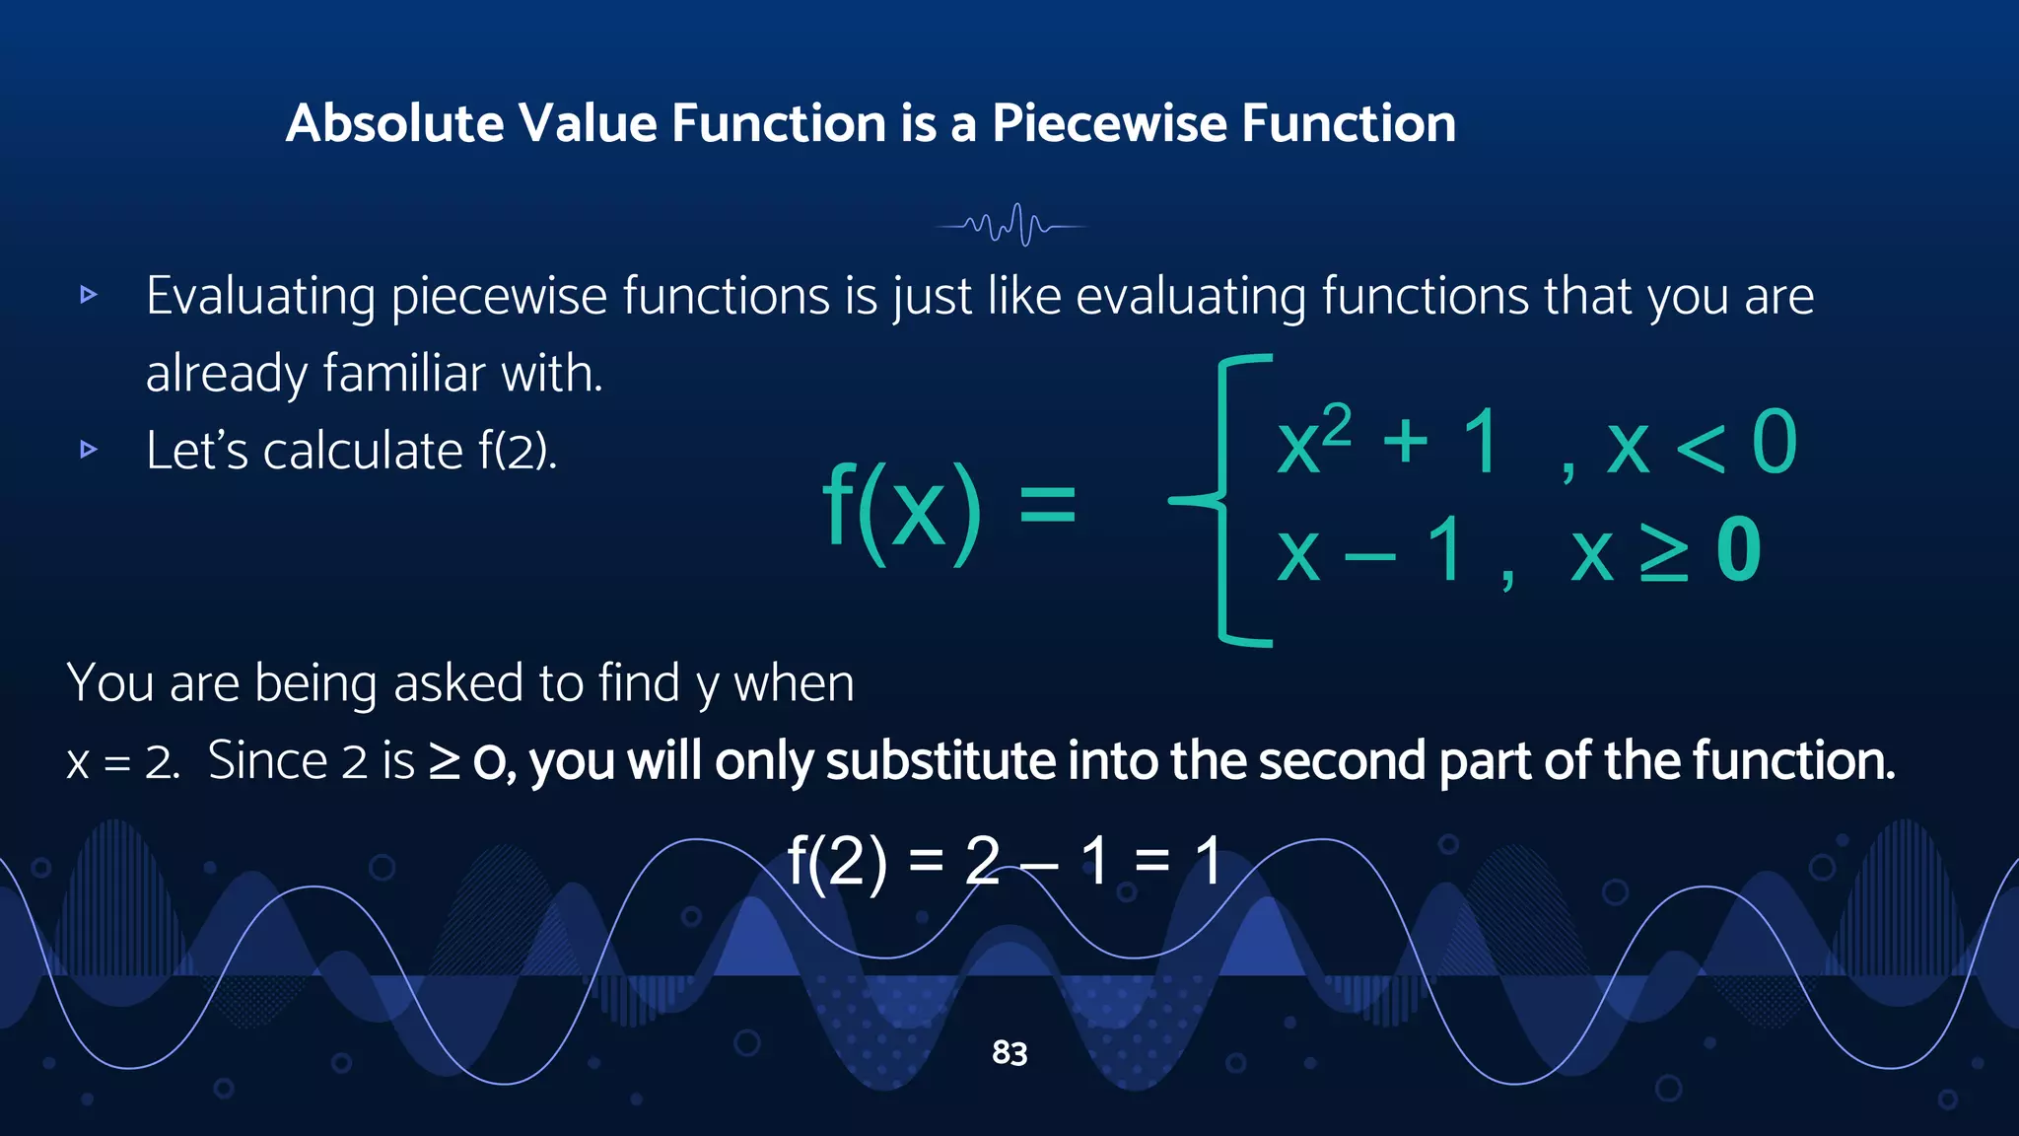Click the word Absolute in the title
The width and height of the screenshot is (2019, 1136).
click(x=395, y=124)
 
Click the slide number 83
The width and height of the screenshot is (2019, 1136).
click(x=1009, y=1053)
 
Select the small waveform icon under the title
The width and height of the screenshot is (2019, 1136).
click(x=1011, y=225)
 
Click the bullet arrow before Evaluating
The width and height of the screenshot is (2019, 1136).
click(x=89, y=295)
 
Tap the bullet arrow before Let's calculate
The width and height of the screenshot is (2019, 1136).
click(x=89, y=451)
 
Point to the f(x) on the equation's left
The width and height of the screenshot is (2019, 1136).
click(x=901, y=509)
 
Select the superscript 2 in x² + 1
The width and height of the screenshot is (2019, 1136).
click(x=1337, y=426)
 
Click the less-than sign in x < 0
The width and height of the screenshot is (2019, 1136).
click(x=1700, y=447)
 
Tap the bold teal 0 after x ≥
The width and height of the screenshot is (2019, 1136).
click(x=1738, y=551)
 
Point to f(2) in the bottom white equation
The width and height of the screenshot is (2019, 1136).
click(x=837, y=861)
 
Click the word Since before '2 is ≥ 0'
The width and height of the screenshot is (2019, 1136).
click(x=267, y=761)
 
